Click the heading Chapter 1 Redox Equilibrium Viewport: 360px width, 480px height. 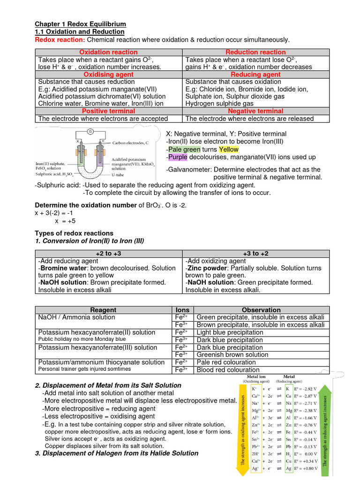[81, 24]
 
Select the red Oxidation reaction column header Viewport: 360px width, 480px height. [108, 52]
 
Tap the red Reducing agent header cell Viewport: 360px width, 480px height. [255, 75]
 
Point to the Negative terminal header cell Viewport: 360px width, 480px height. [255, 111]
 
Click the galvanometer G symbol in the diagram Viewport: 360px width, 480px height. [89, 131]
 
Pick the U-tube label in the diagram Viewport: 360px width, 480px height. [121, 174]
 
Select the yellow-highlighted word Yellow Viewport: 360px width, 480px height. [228, 149]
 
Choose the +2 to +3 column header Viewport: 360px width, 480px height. [108, 253]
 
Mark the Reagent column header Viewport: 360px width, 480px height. [104, 310]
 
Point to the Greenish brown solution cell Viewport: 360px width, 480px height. [232, 355]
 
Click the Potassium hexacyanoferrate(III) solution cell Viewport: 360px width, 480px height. [97, 347]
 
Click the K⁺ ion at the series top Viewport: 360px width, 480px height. [254, 389]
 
